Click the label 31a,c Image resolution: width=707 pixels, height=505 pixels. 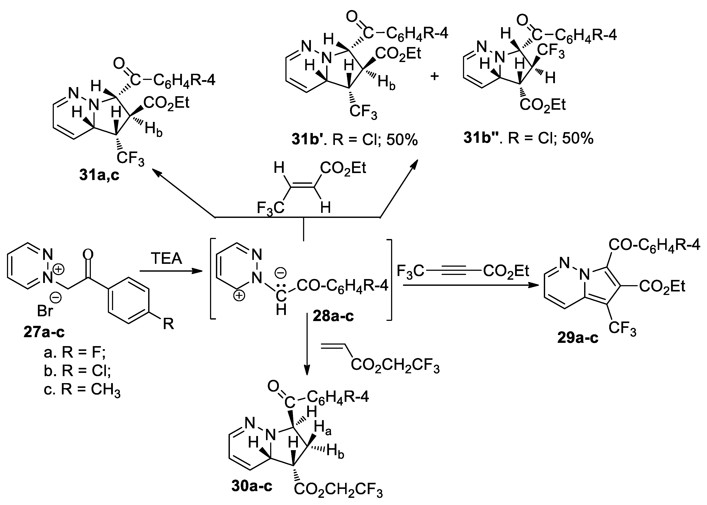pyautogui.click(x=99, y=175)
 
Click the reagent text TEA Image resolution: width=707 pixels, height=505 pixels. pyautogui.click(x=166, y=259)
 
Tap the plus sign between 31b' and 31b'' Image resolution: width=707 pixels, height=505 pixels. pyautogui.click(x=434, y=76)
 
